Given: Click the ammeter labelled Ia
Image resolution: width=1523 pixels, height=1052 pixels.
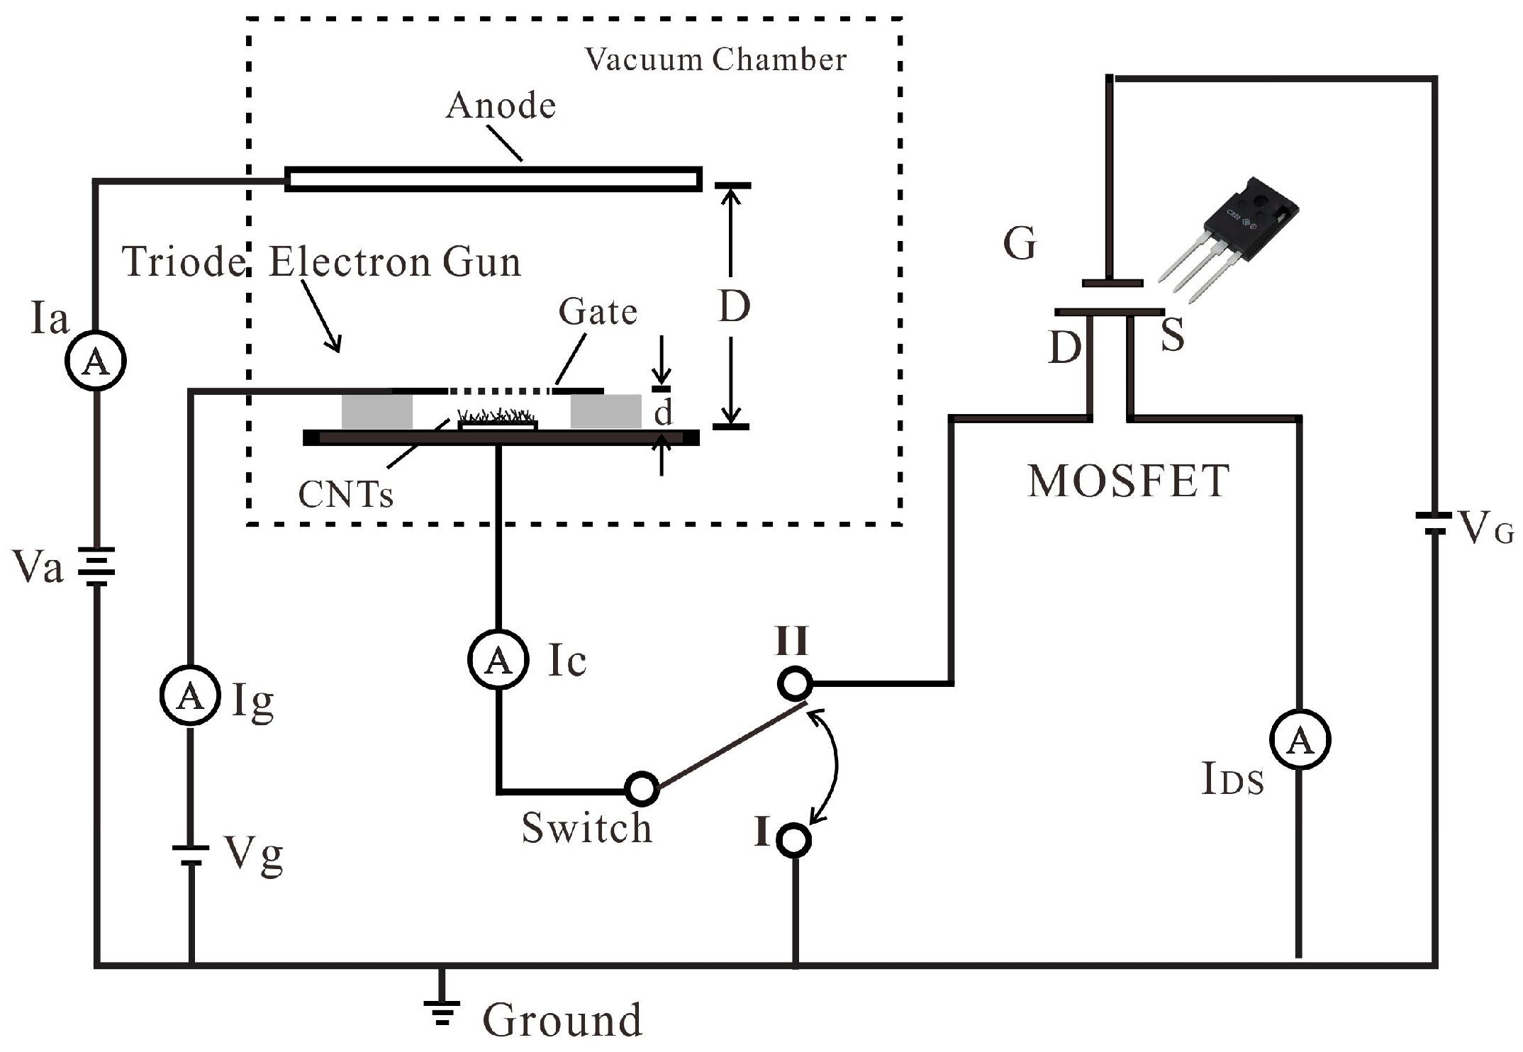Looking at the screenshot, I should pos(96,361).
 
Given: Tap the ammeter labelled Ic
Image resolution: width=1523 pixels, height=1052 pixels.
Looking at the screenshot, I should pos(498,659).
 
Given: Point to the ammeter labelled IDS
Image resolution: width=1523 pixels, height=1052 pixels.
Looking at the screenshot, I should pos(1299,739).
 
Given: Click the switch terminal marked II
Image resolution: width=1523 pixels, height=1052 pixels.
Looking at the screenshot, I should pos(794,683).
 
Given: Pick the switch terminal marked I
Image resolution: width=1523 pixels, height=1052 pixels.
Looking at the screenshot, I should pos(793,840).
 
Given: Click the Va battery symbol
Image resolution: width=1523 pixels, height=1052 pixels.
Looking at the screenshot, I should pos(96,566).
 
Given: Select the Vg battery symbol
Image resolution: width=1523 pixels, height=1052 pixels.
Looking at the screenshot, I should pos(190,855).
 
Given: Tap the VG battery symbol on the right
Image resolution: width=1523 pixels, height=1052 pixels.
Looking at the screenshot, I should pos(1434,524).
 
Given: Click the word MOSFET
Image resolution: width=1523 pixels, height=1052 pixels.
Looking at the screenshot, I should pos(1127,481).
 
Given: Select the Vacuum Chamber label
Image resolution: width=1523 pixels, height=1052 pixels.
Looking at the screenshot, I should pos(715,60).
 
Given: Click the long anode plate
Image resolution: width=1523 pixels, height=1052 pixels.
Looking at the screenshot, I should pos(493,179).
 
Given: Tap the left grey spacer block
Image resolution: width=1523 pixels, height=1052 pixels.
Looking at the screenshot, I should pos(376,411).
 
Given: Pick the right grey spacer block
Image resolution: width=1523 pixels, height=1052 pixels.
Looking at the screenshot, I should pos(606,411).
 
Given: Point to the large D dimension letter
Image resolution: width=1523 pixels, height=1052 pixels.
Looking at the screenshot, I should pos(734,306).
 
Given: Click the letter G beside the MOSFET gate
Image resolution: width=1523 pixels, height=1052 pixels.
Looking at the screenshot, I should pos(1020,244).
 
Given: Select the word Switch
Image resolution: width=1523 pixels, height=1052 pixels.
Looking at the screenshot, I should pos(586,827).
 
